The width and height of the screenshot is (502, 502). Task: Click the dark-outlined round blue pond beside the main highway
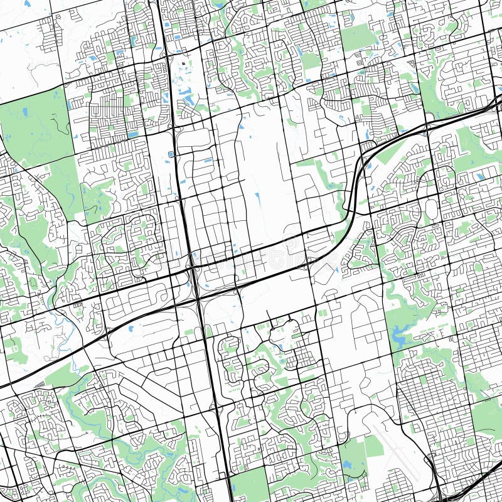(x=171, y=154)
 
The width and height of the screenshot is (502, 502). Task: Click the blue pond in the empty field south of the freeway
(x=130, y=328)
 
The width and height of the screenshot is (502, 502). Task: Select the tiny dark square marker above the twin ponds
(x=183, y=63)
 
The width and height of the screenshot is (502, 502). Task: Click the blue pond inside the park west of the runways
(x=347, y=465)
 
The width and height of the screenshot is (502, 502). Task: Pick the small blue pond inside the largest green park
(x=25, y=112)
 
